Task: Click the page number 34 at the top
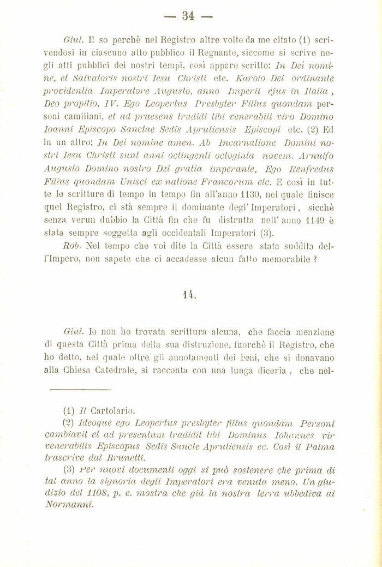[x=189, y=15]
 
